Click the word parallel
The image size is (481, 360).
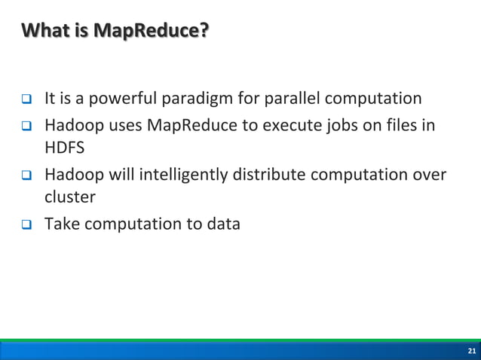pos(289,99)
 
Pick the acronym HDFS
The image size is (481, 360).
pos(64,146)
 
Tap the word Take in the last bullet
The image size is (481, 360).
pos(63,224)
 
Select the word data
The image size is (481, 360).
pos(223,224)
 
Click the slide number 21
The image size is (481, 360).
pos(471,352)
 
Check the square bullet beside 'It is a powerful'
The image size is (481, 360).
pos(25,99)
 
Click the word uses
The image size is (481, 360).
pos(117,124)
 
